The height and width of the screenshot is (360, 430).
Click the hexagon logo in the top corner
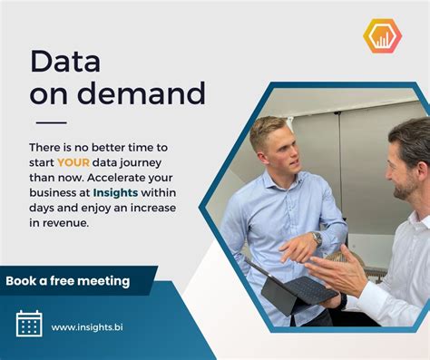coord(382,35)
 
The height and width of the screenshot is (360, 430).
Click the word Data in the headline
coord(64,62)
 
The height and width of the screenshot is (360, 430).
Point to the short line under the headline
coord(51,122)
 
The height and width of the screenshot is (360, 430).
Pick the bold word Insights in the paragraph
coord(124,192)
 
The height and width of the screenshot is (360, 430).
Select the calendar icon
coord(29,324)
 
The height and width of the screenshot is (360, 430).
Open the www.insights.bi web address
coord(87,326)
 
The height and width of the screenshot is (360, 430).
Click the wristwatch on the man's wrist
coord(317,238)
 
